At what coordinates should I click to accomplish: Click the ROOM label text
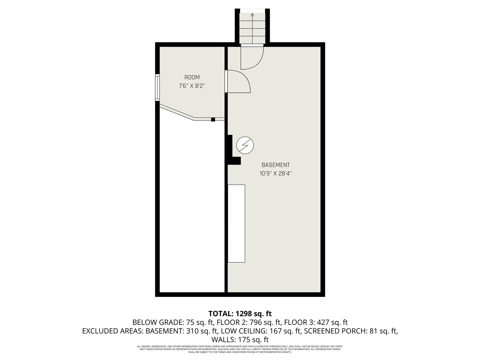coord(192,77)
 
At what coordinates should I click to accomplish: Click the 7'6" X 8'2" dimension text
coord(192,86)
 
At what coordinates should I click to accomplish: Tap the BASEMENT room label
coord(276,165)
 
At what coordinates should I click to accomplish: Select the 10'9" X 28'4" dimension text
coord(276,174)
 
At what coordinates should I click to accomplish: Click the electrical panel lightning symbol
coord(245,145)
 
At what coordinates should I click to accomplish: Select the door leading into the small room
coord(238,81)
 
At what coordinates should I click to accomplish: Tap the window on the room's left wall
coord(158,88)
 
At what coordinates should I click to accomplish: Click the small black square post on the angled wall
coord(213,119)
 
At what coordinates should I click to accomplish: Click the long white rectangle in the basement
coord(237,223)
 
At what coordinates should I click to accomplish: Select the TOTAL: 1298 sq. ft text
coord(240,313)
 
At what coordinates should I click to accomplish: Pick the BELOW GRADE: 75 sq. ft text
coord(173,322)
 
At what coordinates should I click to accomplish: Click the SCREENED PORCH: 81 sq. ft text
coord(351,331)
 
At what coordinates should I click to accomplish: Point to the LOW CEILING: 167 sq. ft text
coord(261,331)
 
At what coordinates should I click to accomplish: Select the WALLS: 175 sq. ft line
coord(240,340)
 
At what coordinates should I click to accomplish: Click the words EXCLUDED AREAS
coord(112,331)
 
